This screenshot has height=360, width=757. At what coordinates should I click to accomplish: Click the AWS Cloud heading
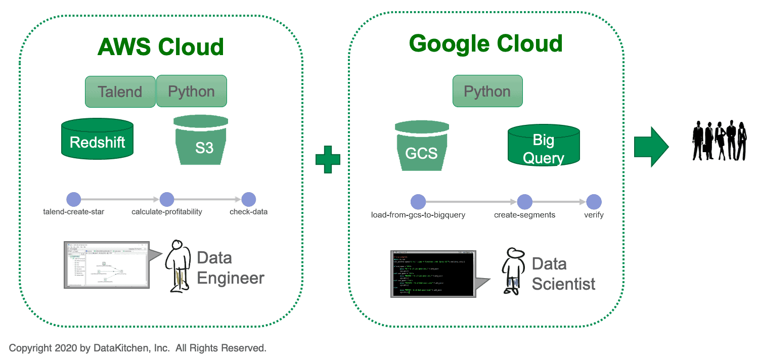tap(160, 47)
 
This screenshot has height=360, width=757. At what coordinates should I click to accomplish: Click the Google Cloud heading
tap(485, 43)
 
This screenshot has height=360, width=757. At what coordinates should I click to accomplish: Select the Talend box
tap(120, 92)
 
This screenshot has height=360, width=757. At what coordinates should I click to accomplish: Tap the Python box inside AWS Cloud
tap(191, 92)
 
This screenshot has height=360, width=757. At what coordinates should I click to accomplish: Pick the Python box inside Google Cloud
tap(487, 92)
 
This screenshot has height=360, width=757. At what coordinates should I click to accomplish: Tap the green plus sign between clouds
tap(328, 159)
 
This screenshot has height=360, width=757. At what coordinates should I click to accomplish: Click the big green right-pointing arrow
tap(651, 147)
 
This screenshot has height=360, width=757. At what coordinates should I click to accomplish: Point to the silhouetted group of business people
tap(719, 140)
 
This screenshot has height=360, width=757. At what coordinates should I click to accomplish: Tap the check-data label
tap(248, 212)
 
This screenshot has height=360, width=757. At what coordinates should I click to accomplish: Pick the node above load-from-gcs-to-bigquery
tap(418, 202)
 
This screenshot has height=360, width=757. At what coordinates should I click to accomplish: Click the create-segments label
tap(524, 215)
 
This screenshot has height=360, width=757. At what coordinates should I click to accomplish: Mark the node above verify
tap(594, 202)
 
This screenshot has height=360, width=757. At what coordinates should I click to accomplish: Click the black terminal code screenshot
tap(433, 273)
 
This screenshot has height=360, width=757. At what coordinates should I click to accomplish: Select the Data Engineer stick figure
tap(178, 265)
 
